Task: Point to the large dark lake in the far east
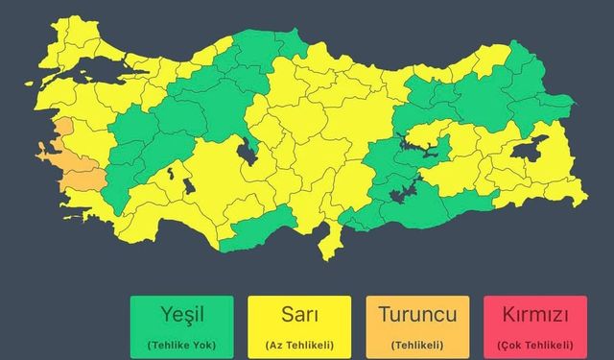coord(530,150)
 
